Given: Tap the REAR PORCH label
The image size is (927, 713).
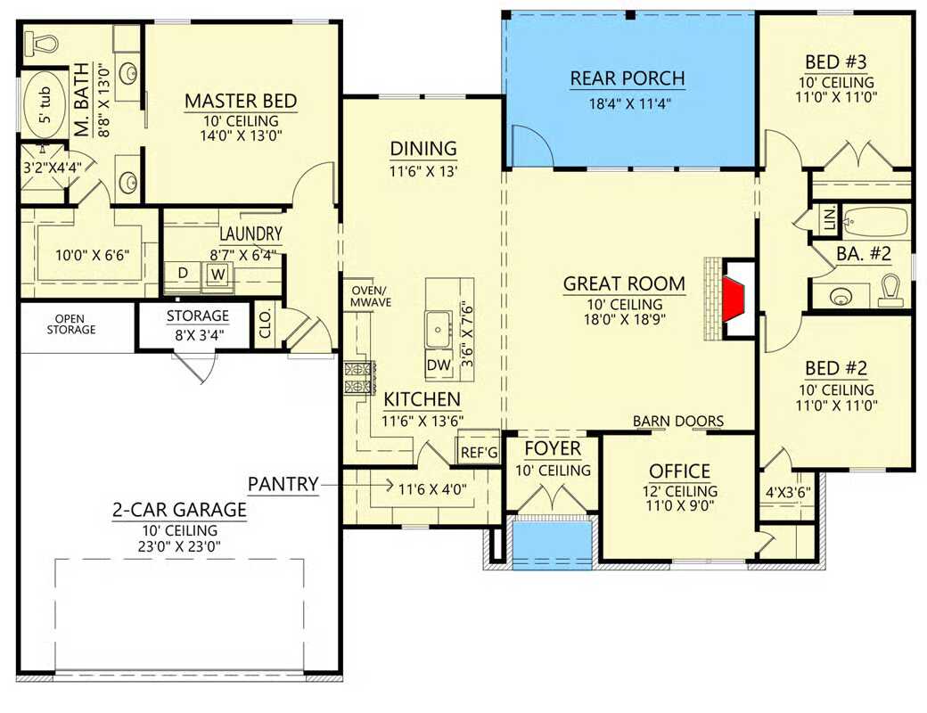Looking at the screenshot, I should (628, 78).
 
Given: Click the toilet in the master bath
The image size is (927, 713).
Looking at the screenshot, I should (41, 41).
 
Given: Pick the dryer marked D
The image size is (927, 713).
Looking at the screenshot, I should (183, 272).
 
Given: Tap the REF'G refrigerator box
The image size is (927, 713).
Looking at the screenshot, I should (479, 452).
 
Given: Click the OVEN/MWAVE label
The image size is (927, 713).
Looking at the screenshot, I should (368, 296).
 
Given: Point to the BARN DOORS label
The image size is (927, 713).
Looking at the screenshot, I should (678, 421).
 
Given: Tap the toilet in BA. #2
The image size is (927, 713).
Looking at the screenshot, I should (889, 289).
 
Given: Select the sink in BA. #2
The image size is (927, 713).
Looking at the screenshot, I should (841, 295).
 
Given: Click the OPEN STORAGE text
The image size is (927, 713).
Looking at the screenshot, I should (75, 324).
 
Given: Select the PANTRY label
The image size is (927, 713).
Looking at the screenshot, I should (283, 484).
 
